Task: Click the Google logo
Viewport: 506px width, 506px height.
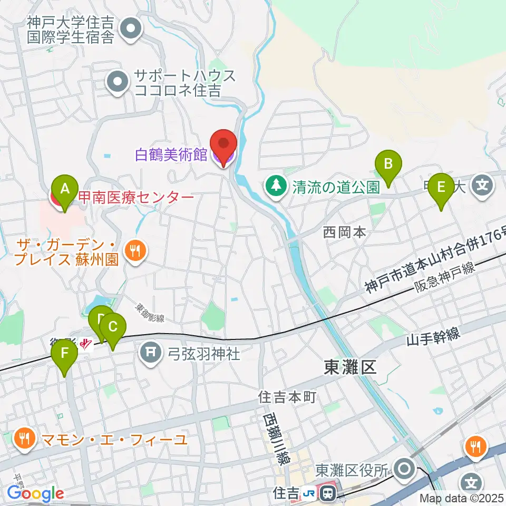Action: point(35,494)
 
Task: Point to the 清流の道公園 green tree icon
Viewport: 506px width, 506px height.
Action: point(274,186)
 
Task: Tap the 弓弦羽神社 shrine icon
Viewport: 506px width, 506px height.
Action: point(151,352)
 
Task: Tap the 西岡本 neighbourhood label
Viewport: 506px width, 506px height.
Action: point(344,232)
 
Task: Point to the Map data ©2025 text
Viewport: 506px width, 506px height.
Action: point(462,498)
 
